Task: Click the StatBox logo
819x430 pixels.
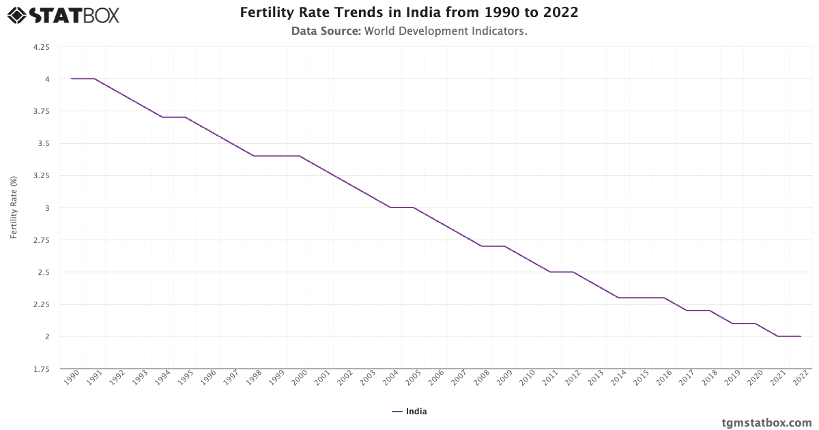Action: [63, 14]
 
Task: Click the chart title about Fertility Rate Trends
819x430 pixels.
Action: [409, 13]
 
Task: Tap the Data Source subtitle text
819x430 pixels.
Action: [409, 31]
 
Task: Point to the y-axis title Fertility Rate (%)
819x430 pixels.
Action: [14, 207]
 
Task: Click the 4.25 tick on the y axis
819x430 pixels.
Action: [41, 47]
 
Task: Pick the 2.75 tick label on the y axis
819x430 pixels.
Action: [41, 240]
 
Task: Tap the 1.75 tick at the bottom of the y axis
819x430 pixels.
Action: [41, 369]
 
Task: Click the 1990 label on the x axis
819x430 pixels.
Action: [72, 379]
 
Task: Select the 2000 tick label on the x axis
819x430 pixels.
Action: [300, 379]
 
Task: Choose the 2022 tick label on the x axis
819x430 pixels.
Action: [801, 379]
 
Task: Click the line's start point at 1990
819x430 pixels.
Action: [71, 78]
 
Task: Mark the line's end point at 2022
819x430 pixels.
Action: [801, 336]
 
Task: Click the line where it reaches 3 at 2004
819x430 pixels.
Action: [390, 207]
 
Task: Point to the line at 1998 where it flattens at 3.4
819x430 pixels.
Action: [254, 156]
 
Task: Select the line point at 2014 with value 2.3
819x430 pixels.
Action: [618, 298]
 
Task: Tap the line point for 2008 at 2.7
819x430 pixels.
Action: [482, 246]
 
